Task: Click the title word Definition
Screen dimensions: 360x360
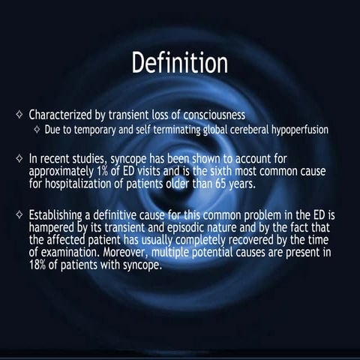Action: pos(180,64)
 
